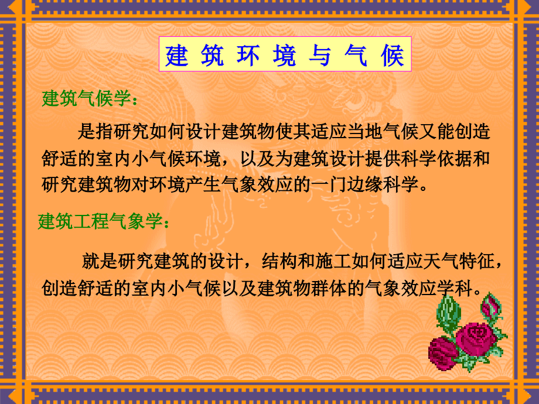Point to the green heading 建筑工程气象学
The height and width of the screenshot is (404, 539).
tap(105, 222)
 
